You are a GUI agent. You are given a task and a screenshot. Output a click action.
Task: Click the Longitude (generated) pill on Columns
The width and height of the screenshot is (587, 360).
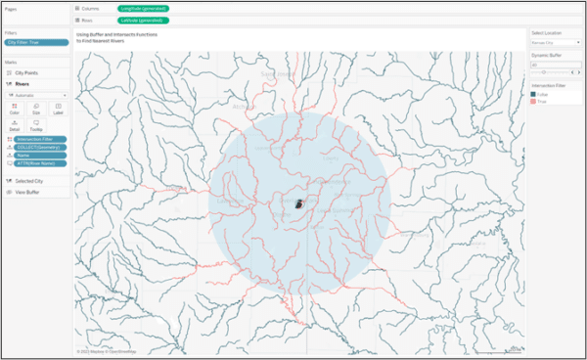143,8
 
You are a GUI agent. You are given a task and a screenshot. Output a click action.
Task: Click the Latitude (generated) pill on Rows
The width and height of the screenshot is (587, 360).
143,19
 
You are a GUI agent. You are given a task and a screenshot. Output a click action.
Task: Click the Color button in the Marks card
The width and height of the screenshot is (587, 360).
15,110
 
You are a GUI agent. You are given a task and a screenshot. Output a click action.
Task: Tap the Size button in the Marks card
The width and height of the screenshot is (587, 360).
36,110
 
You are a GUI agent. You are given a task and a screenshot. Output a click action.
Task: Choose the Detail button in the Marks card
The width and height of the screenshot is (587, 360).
15,125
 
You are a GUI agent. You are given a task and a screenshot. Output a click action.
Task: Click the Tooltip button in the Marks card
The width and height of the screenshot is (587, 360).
36,125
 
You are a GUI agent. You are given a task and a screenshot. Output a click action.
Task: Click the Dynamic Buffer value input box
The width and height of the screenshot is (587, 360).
554,64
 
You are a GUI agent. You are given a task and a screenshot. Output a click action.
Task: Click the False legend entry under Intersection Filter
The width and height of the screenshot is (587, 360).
543,94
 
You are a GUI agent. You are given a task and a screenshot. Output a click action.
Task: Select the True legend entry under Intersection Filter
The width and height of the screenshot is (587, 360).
542,100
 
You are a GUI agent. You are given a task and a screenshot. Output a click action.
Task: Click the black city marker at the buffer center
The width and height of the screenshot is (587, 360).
299,204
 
